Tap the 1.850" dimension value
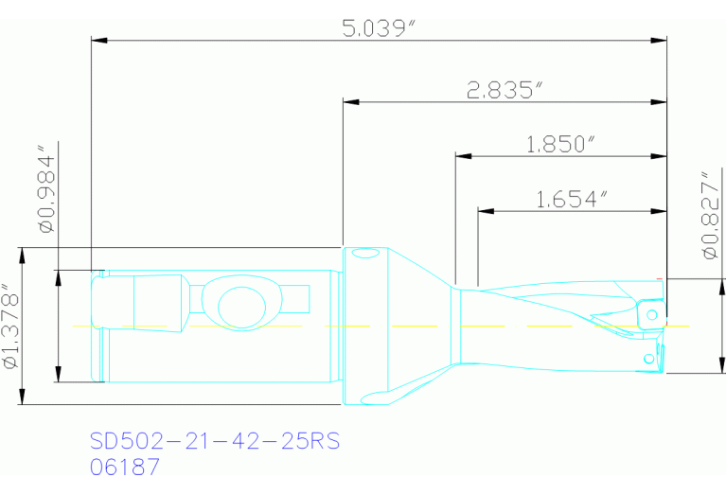pyautogui.click(x=560, y=144)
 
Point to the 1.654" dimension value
pyautogui.click(x=571, y=199)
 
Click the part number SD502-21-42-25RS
pyautogui.click(x=214, y=442)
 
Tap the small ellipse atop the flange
pyautogui.click(x=363, y=254)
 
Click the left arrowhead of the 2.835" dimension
pyautogui.click(x=350, y=99)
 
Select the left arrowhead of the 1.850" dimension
pyautogui.click(x=463, y=156)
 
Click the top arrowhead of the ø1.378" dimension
pyautogui.click(x=21, y=254)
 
